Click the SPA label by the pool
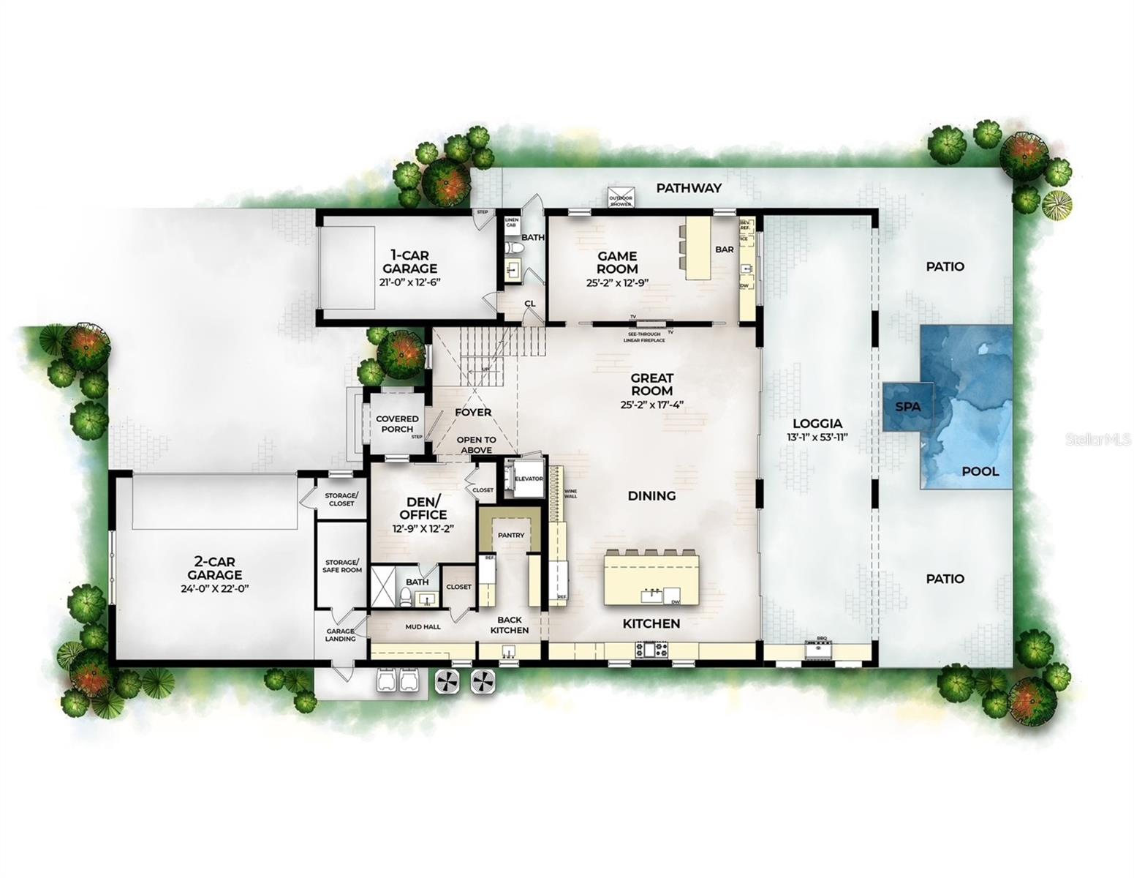(x=907, y=407)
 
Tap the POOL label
(x=980, y=471)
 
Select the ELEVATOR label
(x=528, y=479)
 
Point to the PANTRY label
(x=511, y=535)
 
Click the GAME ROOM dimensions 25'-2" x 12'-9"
(x=617, y=282)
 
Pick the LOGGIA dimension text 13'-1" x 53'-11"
(x=817, y=438)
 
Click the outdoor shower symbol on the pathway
(x=620, y=198)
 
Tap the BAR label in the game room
(x=724, y=249)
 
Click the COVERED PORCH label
(x=397, y=424)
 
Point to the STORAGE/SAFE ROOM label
(x=342, y=566)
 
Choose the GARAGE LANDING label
(x=340, y=634)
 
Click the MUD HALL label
(x=423, y=626)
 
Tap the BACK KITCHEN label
(x=509, y=625)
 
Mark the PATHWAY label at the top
(x=688, y=188)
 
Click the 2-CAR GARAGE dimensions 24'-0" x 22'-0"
(x=213, y=588)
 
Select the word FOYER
(x=473, y=413)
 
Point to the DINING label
(x=651, y=496)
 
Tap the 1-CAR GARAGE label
(x=409, y=262)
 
